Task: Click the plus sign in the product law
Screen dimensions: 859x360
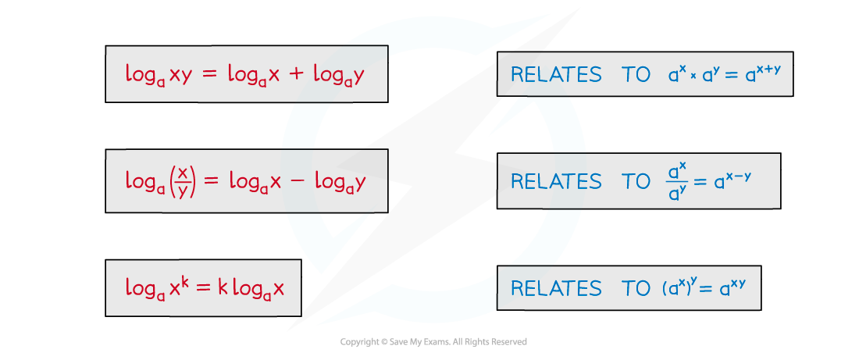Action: (296, 74)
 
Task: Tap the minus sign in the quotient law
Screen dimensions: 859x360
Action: (298, 181)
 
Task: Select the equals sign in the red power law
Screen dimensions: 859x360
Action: (204, 287)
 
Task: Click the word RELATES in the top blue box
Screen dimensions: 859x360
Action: (556, 74)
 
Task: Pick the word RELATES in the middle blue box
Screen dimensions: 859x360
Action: (556, 181)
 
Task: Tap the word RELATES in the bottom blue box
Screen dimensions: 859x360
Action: (556, 288)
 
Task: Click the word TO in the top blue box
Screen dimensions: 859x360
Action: (636, 74)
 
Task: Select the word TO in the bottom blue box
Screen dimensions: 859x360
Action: (636, 288)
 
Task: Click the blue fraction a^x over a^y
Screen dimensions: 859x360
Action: (676, 181)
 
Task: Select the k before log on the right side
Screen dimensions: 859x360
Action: (223, 287)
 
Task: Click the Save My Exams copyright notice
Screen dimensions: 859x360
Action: (433, 342)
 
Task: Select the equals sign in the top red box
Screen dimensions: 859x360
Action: (210, 74)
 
